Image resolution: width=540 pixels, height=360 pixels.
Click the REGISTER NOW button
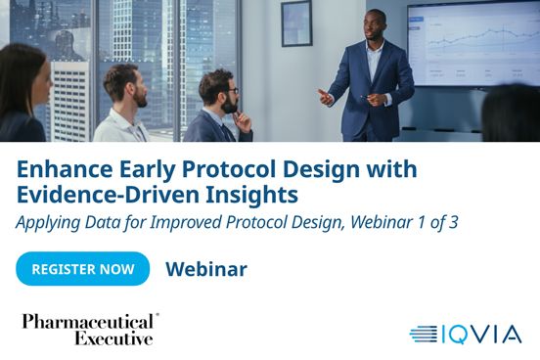[82, 268]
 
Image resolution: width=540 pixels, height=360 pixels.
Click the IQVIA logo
[465, 335]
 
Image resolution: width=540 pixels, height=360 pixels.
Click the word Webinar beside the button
[206, 269]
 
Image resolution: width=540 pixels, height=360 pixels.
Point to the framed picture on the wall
[296, 22]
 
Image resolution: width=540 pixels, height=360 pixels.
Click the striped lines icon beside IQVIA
[423, 335]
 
